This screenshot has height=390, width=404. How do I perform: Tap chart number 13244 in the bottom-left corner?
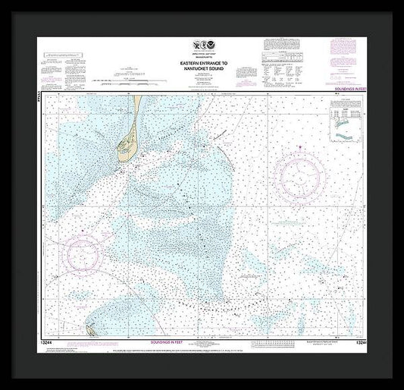[x=50, y=343]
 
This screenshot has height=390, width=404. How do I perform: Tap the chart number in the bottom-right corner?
[x=353, y=343]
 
